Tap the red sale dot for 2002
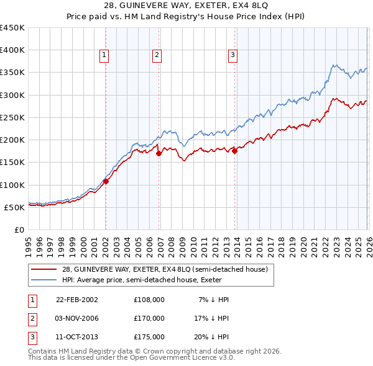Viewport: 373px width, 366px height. pos(106,181)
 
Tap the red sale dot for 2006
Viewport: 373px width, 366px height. pos(159,153)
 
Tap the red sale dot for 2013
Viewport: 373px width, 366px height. pos(235,151)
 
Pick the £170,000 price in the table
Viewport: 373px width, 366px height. pos(149,318)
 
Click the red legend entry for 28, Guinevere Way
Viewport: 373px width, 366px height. pos(165,269)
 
